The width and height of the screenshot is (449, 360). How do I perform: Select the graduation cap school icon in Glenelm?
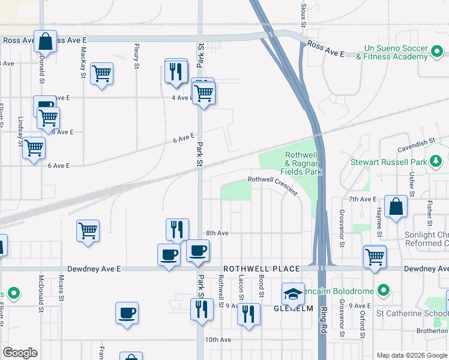pyautogui.click(x=293, y=294)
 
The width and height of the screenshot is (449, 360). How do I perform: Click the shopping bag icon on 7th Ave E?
pyautogui.click(x=396, y=207)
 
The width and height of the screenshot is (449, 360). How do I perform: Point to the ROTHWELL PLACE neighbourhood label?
pyautogui.click(x=253, y=269)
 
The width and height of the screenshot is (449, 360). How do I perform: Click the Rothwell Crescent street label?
pyautogui.click(x=273, y=184)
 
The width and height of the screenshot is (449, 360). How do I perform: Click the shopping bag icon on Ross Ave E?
pyautogui.click(x=45, y=41)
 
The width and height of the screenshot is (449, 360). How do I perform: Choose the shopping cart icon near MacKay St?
pyautogui.click(x=101, y=74)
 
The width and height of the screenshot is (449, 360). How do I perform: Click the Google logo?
pyautogui.click(x=20, y=353)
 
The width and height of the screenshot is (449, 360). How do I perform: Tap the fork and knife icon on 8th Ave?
pyautogui.click(x=177, y=229)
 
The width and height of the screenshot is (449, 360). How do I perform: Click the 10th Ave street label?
pyautogui.click(x=218, y=340)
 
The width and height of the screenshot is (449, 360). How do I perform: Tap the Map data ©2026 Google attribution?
pyautogui.click(x=412, y=355)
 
